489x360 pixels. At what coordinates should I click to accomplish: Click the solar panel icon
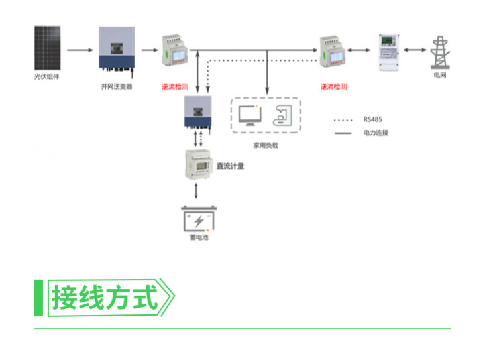pos(50,48)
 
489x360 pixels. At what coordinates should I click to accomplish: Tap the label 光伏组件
pos(47,77)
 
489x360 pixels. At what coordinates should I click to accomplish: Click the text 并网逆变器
pos(117,87)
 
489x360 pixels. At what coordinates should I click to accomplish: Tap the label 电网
pos(440,76)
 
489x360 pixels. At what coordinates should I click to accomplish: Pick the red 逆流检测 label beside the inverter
pos(174,87)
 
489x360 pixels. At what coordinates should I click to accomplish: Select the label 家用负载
pos(265,145)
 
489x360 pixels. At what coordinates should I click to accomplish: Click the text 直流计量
pos(230,166)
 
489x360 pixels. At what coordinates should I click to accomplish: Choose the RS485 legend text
pos(373,120)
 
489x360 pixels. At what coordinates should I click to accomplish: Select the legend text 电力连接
pos(376,133)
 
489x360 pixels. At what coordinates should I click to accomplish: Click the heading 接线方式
pos(106,298)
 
